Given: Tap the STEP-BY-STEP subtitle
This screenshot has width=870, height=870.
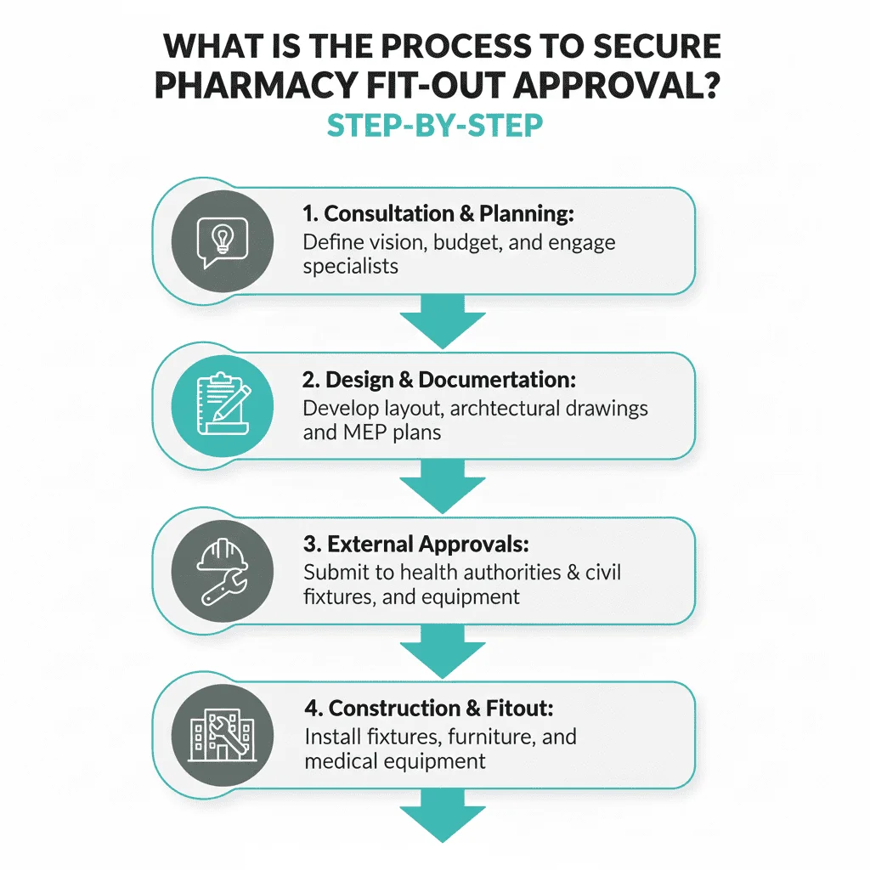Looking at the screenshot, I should [434, 126].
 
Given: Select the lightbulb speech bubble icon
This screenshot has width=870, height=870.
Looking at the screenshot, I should [223, 240].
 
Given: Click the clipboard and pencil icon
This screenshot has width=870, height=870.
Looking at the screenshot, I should [223, 405].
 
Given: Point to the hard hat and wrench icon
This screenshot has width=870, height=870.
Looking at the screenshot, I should [223, 570].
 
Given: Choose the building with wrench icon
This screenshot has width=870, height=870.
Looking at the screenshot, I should [223, 734].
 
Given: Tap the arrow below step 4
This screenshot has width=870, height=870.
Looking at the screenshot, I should [442, 816].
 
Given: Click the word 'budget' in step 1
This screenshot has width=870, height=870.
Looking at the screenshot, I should [467, 243].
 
